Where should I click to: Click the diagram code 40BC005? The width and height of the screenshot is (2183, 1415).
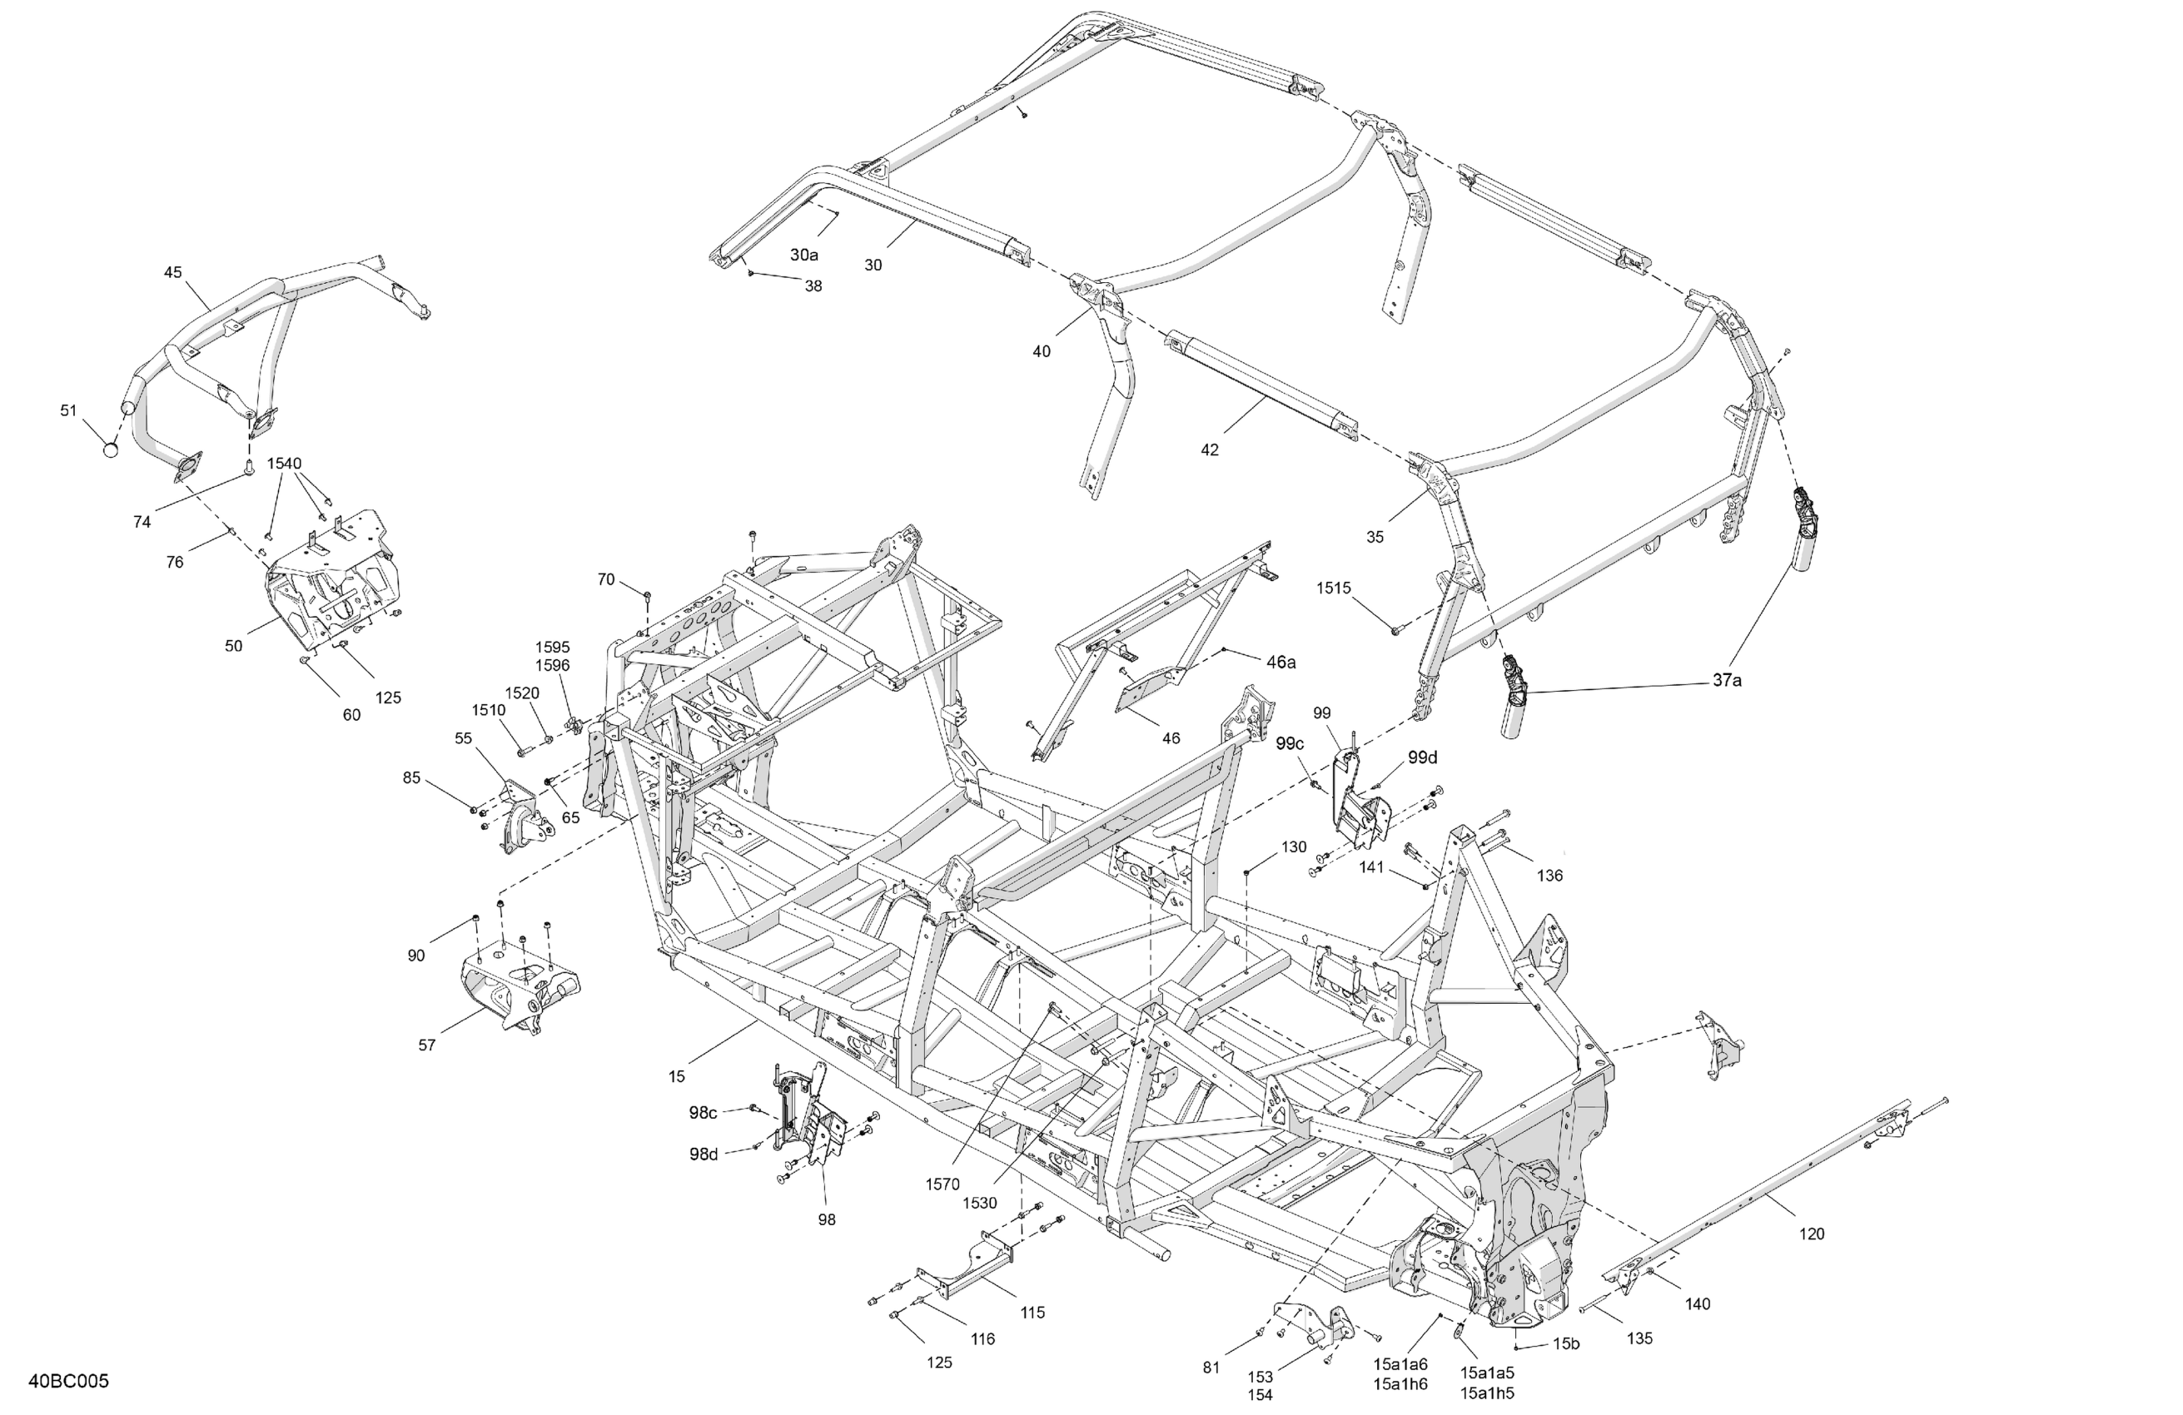pos(69,1381)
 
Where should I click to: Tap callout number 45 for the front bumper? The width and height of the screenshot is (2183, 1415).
pos(173,272)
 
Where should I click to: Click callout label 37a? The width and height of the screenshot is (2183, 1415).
pos(1727,680)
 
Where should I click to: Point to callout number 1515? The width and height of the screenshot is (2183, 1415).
pos(1334,588)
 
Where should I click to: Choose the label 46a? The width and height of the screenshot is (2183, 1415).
pos(1281,662)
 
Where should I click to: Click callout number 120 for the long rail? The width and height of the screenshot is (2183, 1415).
pos(1812,1234)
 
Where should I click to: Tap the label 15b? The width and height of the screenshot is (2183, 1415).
pos(1567,1344)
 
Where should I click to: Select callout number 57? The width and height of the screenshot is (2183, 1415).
pos(426,1045)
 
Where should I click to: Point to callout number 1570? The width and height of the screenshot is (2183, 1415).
pos(942,1184)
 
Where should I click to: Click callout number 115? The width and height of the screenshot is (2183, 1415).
pos(1032,1313)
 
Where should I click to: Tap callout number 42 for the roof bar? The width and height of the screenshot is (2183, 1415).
pos(1210,450)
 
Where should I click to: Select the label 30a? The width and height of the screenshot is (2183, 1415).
pos(804,255)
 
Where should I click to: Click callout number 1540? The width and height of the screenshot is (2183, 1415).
pos(285,464)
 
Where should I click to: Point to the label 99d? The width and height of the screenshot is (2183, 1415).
pos(1423,757)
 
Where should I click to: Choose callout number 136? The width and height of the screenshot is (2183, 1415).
pos(1549,876)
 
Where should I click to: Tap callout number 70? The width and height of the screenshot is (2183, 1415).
pos(605,579)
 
